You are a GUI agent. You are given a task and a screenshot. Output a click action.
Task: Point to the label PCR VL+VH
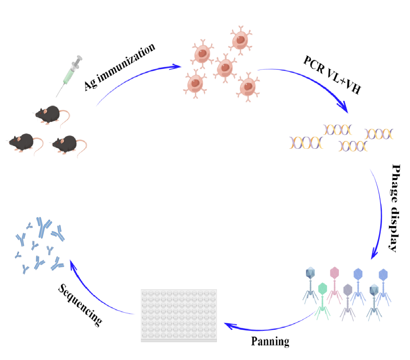332,75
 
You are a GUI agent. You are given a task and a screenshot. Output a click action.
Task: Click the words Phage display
395,208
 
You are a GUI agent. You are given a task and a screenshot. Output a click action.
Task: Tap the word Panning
270,341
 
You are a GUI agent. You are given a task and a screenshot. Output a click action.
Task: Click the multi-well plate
179,315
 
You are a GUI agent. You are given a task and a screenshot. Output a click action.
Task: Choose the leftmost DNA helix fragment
306,143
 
